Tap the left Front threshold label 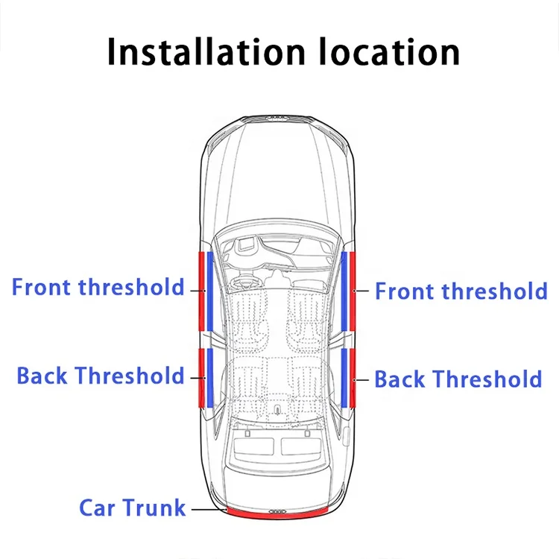tap(98, 287)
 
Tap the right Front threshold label tap(461, 291)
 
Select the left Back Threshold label tap(100, 375)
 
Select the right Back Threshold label tap(458, 379)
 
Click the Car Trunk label tap(132, 508)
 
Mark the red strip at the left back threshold tap(200, 376)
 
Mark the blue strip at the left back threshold tap(210, 376)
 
